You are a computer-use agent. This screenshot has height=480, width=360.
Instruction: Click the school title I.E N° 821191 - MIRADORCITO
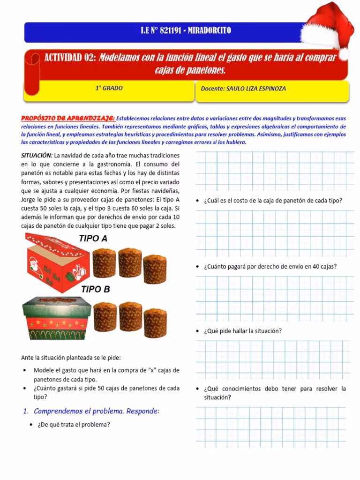tap(186, 31)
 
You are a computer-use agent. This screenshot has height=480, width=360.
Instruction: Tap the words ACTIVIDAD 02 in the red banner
tap(70, 58)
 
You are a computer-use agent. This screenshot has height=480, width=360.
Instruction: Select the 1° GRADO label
tap(109, 88)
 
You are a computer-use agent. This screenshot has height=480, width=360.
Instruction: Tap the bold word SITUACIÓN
tap(37, 156)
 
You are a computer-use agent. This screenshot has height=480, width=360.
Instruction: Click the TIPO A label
tap(93, 239)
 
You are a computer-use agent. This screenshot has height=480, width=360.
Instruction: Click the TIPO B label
tap(95, 289)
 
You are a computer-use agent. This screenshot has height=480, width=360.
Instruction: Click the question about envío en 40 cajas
tap(270, 267)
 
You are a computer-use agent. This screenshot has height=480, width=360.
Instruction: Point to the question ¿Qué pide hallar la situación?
tap(243, 331)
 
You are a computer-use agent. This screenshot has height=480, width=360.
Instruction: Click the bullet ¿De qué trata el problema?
tap(73, 425)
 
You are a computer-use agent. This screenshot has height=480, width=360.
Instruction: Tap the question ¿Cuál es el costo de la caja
tap(273, 201)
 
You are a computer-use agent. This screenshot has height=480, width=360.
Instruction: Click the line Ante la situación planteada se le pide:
tap(71, 358)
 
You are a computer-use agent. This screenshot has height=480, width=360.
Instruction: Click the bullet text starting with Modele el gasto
tap(106, 375)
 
